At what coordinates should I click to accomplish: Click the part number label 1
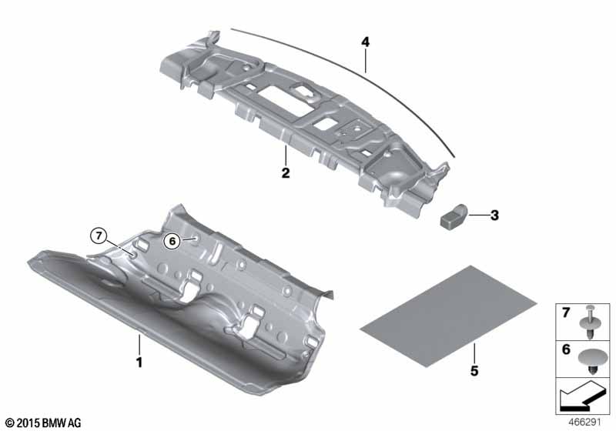139,362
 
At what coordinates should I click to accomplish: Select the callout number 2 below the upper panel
286,172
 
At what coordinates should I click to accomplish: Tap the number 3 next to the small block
494,215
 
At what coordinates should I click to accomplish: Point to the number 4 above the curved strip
365,42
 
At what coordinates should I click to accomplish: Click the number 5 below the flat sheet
474,370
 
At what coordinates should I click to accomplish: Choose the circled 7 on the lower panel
99,236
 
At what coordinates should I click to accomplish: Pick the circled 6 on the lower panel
172,241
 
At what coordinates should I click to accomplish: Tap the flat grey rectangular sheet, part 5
449,316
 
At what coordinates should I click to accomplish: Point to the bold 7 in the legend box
566,312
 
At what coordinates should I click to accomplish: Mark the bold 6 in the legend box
566,349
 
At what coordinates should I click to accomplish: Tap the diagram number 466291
585,423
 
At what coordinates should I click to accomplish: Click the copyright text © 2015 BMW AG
44,423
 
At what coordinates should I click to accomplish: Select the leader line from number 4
365,61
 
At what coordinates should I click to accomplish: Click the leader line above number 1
139,344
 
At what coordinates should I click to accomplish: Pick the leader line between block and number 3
477,215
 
